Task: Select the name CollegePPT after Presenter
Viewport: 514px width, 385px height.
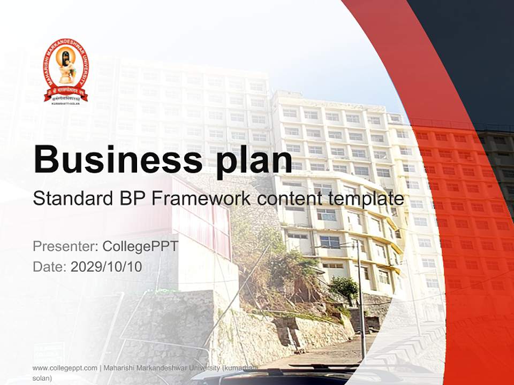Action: coord(140,247)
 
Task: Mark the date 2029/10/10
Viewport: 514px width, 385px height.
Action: coord(107,266)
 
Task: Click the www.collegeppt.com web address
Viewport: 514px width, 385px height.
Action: coord(65,368)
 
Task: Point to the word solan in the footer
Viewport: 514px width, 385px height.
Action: coord(42,378)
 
